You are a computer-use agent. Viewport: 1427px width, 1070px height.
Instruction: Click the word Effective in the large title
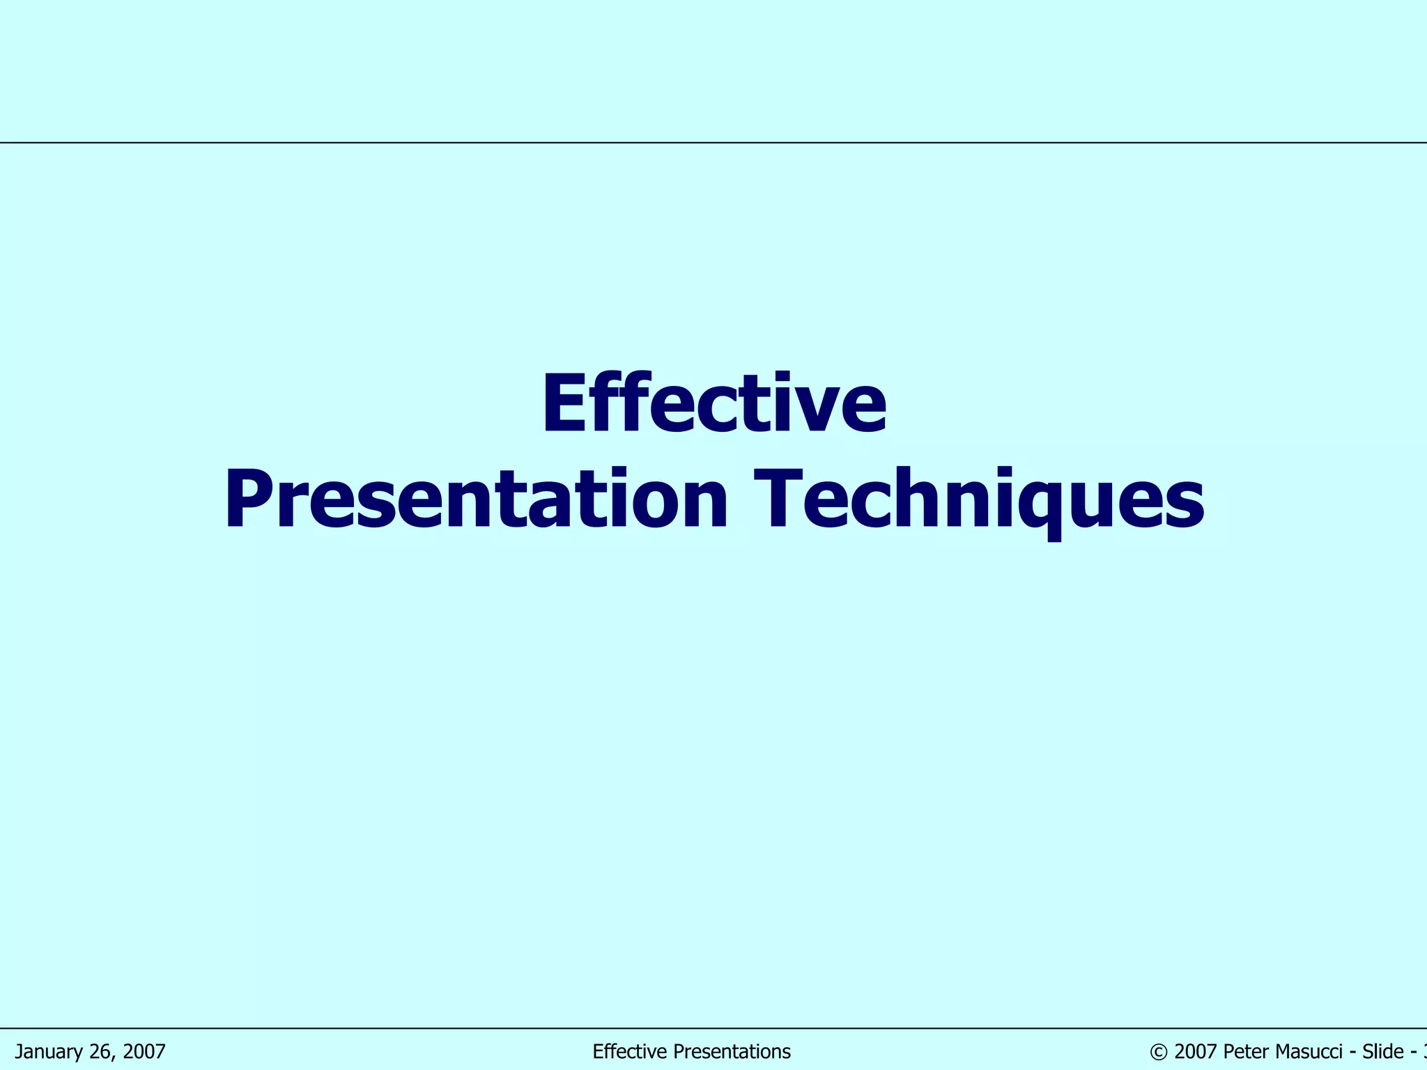pos(713,405)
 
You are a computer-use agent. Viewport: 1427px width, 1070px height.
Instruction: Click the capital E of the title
pos(566,405)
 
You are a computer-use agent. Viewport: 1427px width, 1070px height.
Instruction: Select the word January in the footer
pos(49,1052)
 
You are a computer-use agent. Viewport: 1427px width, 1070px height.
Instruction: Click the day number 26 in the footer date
pos(101,1052)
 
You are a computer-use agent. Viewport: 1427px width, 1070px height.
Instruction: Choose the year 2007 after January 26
pos(143,1052)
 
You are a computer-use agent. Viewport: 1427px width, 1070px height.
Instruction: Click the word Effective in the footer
pos(625,1052)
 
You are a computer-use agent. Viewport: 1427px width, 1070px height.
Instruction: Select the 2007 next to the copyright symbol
pos(1195,1052)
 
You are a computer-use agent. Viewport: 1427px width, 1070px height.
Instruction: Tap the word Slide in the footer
pos(1382,1052)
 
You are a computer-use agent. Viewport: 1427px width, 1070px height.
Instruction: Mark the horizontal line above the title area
pos(713,142)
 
